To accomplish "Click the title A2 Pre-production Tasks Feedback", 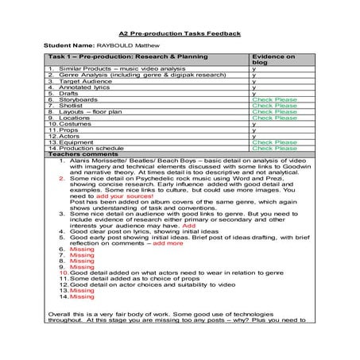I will (x=179, y=34).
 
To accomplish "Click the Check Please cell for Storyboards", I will (x=274, y=100).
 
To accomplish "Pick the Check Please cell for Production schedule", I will (x=274, y=147).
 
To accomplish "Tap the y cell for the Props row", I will (x=254, y=130).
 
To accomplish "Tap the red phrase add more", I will (x=168, y=242).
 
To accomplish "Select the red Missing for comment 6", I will (x=81, y=249).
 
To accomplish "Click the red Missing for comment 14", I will (x=81, y=296).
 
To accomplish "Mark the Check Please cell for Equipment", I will (x=274, y=141).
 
